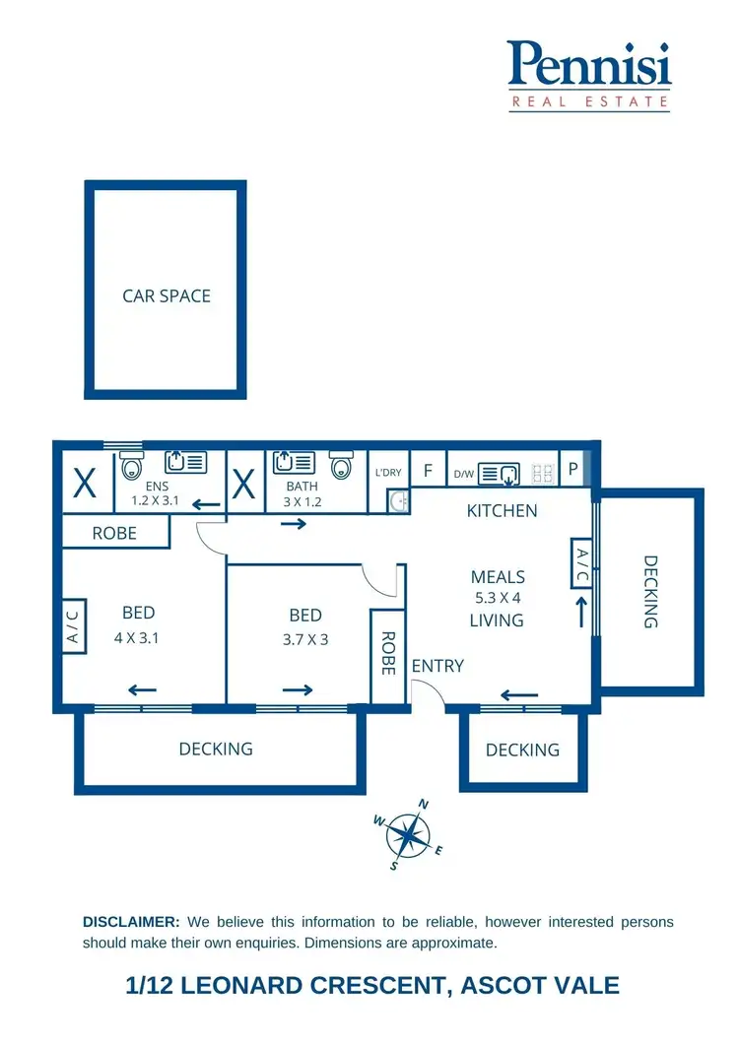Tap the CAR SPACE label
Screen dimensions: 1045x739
(167, 295)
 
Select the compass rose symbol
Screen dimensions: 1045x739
(409, 835)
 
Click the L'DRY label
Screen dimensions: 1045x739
(388, 473)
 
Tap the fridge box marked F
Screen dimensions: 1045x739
(428, 471)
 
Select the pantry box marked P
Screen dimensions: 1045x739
(572, 470)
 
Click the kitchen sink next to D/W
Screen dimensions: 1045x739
(499, 474)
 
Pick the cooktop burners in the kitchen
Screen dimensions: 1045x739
(542, 473)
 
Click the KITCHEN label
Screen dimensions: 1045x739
(502, 510)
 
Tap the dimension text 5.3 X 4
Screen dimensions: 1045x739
(498, 597)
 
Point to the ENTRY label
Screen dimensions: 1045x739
(437, 666)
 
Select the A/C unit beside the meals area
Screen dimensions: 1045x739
(581, 563)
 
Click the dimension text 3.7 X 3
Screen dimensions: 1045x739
(306, 637)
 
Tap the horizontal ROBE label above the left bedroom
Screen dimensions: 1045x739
(114, 533)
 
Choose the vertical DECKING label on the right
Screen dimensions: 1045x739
(650, 592)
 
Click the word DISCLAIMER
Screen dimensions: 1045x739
(131, 922)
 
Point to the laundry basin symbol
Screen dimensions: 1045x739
(399, 501)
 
